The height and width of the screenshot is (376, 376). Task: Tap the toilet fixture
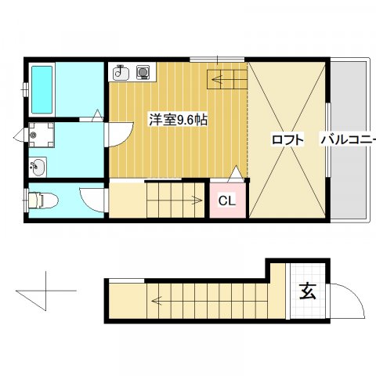[41, 201]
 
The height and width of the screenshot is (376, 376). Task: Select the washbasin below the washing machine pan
[38, 166]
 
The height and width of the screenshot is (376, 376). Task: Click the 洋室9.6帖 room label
[178, 121]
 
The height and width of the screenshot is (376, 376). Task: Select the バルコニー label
[347, 140]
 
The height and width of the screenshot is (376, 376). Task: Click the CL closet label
[226, 201]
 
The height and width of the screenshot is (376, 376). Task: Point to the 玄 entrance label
[307, 291]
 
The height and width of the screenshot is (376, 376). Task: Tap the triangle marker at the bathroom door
[96, 115]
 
